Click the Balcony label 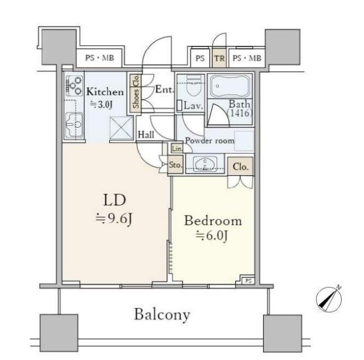(x=162, y=315)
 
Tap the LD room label (x=114, y=200)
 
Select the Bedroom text (x=213, y=221)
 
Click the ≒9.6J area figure (x=114, y=218)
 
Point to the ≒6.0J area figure (x=211, y=236)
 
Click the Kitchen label (x=105, y=92)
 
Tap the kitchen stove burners (x=74, y=86)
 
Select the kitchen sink (x=74, y=125)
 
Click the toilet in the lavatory (x=194, y=86)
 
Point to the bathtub (x=230, y=86)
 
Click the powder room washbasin (x=205, y=164)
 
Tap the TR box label (x=219, y=58)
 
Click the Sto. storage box (x=175, y=165)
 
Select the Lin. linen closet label (x=177, y=148)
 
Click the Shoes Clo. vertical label (x=136, y=91)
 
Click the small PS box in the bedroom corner (x=248, y=281)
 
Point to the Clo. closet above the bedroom (x=240, y=166)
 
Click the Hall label (x=146, y=134)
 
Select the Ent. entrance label (x=165, y=90)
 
